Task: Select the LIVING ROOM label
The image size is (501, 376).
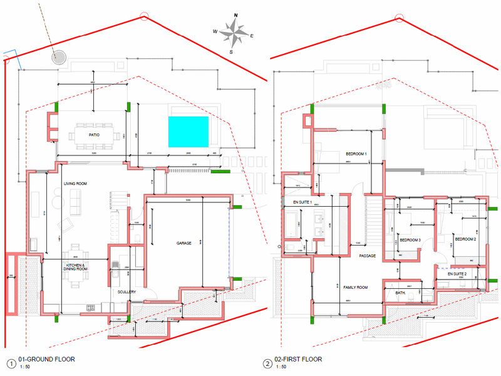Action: pos(75,184)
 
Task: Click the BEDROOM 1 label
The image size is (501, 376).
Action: pos(356,154)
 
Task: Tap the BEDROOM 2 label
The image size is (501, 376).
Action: pos(465,239)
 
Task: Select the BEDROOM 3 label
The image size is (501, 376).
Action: pos(410,240)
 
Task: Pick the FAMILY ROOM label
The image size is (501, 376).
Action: pos(355,287)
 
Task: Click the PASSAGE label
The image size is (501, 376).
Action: pos(367,256)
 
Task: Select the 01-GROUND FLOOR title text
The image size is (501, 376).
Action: pos(47,360)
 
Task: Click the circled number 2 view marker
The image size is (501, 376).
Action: pos(268,363)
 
